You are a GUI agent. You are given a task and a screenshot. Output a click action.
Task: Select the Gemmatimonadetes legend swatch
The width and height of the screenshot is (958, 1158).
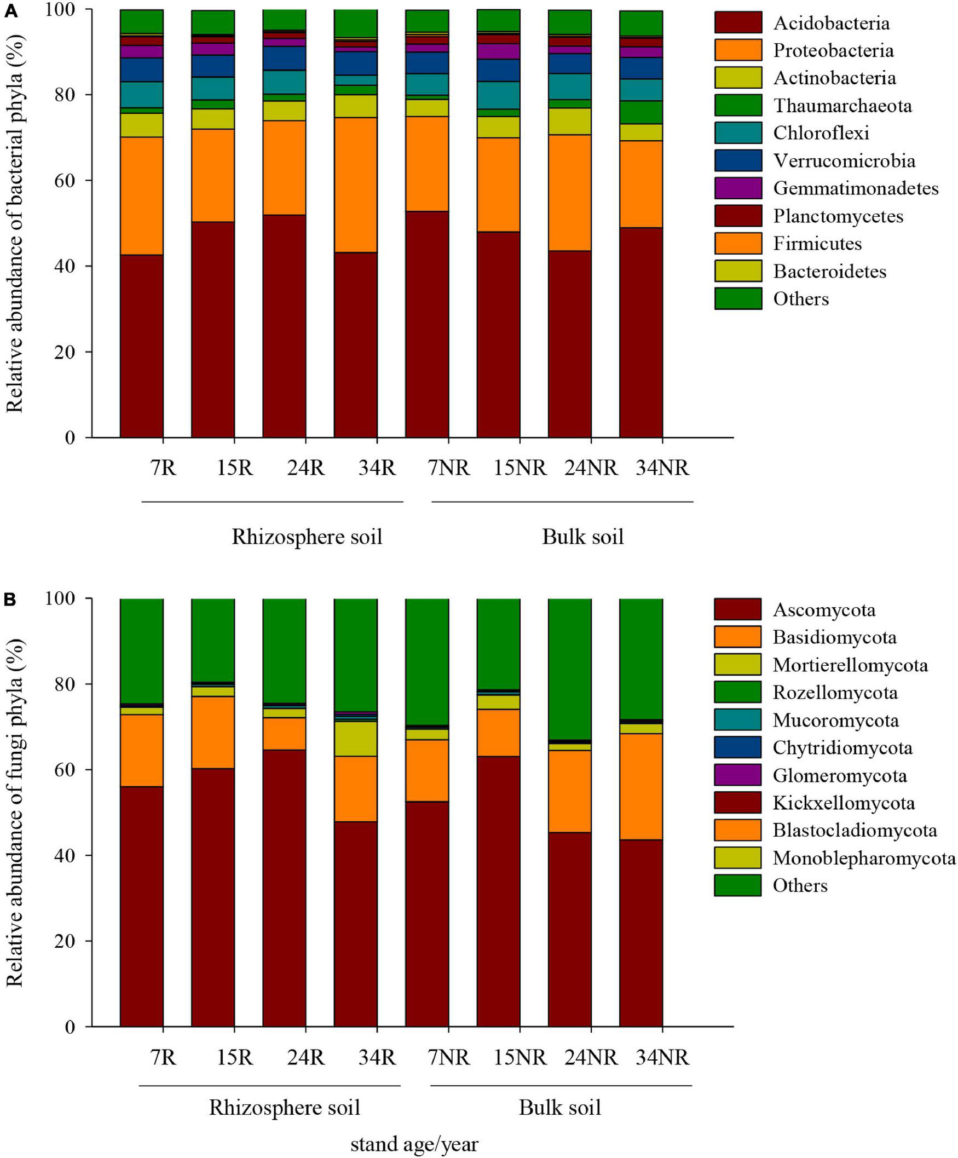(x=738, y=188)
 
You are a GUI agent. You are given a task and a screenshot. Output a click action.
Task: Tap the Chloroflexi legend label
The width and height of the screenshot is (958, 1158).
(x=821, y=133)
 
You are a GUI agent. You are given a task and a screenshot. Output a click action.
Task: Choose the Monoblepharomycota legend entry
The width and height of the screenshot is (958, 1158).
(x=864, y=858)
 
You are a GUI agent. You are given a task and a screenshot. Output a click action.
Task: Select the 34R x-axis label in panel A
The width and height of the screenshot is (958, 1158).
(x=377, y=468)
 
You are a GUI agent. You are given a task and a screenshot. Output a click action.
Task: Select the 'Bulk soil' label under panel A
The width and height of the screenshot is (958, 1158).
(x=582, y=537)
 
